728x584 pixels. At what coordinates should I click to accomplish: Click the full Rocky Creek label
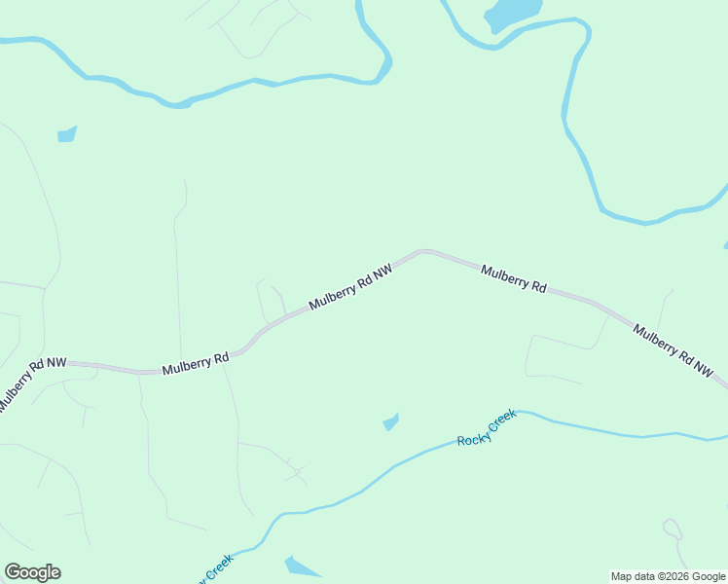pos(487,428)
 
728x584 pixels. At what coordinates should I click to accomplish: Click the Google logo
pos(33,572)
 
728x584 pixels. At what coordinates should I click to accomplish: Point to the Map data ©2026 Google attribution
pos(668,576)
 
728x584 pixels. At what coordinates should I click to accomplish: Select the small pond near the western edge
pos(66,134)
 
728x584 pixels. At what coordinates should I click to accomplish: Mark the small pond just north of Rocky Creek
pos(391,421)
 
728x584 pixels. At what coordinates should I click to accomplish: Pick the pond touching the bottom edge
pos(302,567)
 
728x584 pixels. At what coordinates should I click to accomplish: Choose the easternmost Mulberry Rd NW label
pos(673,351)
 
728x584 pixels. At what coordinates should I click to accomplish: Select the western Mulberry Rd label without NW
pos(195,363)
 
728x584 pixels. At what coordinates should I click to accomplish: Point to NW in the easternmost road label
pos(703,369)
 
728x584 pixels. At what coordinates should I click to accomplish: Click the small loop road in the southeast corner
pos(673,529)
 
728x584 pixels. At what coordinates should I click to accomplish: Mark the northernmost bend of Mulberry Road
pos(424,251)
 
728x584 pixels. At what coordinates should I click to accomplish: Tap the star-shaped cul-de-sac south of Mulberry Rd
pos(297,474)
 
